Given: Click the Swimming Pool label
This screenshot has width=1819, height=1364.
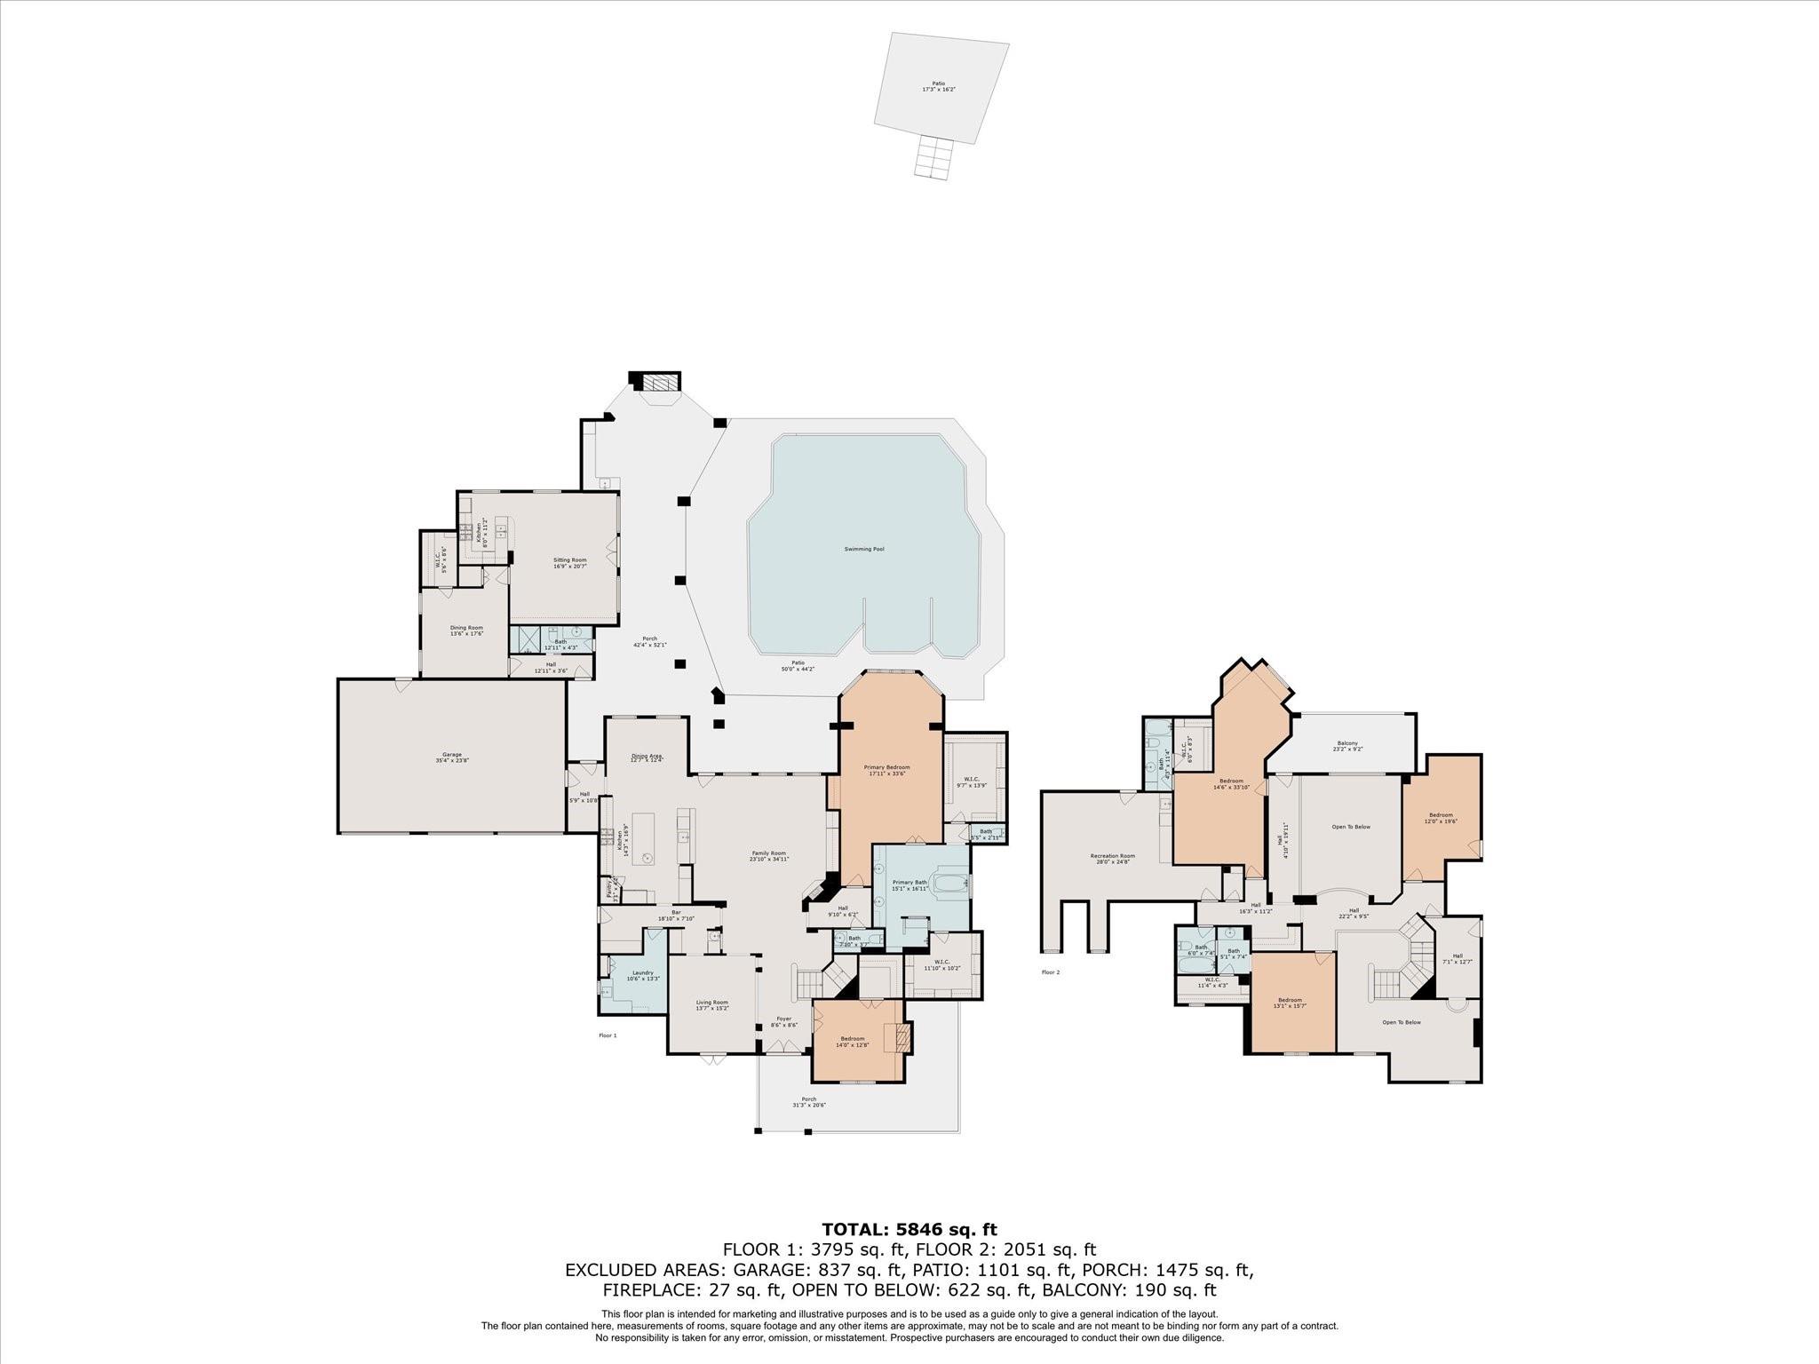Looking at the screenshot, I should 863,549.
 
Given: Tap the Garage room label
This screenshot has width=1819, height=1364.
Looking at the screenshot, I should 452,757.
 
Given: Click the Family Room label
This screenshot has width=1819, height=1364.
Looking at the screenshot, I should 768,855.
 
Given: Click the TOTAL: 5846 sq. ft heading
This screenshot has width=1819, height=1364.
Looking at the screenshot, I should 909,1229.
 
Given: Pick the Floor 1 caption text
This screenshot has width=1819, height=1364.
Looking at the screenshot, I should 608,1035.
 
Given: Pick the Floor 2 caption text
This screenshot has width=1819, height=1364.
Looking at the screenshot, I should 1051,972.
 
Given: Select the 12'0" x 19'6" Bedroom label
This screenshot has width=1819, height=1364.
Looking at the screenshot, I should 1440,818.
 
